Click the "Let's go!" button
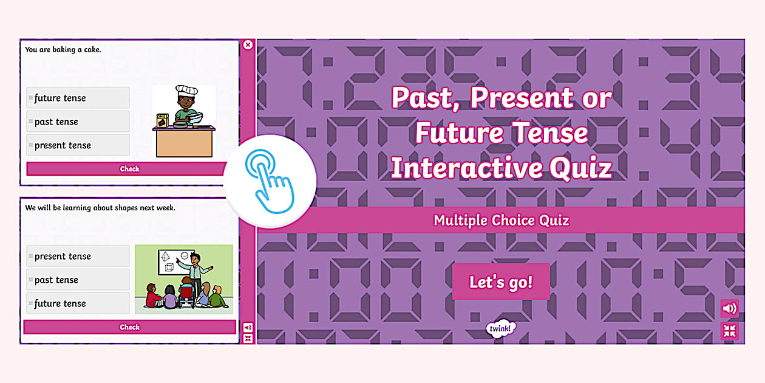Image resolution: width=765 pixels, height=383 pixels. [501, 282]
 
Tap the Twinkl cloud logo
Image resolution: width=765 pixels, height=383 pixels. [501, 329]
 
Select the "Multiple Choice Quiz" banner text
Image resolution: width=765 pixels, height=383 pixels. [501, 220]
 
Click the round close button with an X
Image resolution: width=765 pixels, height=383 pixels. [248, 45]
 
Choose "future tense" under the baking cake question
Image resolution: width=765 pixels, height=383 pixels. [78, 98]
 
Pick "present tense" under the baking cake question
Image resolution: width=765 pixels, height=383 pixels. [78, 145]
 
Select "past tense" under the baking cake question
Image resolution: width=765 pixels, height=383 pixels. [78, 122]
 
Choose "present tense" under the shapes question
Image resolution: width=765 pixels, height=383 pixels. [78, 256]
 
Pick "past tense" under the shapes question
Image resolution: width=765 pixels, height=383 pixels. [78, 280]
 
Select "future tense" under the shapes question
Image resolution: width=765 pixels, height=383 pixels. [78, 303]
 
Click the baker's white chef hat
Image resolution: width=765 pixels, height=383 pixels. [186, 91]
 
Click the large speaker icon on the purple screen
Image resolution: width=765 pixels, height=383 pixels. [730, 308]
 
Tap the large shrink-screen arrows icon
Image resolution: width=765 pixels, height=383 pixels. [730, 331]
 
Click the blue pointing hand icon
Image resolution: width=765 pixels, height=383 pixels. [270, 181]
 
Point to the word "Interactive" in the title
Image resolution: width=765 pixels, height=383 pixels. [466, 168]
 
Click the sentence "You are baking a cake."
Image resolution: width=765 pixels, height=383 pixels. [63, 50]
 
